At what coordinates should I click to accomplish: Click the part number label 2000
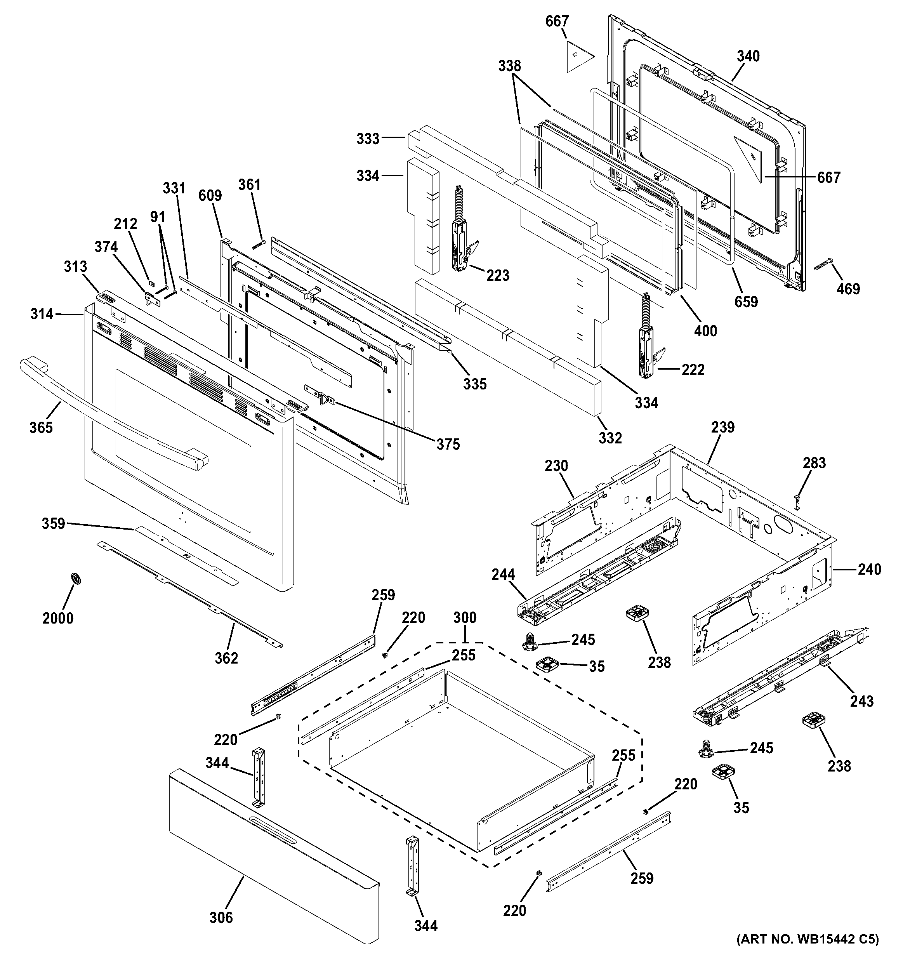57,618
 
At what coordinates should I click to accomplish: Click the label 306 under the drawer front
221,917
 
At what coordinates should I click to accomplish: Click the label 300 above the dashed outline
465,617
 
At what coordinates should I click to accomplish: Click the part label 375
448,444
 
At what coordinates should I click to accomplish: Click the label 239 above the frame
723,427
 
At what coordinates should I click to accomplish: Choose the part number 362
226,658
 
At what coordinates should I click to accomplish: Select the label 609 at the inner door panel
210,195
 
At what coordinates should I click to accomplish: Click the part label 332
610,438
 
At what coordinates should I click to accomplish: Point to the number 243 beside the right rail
862,701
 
